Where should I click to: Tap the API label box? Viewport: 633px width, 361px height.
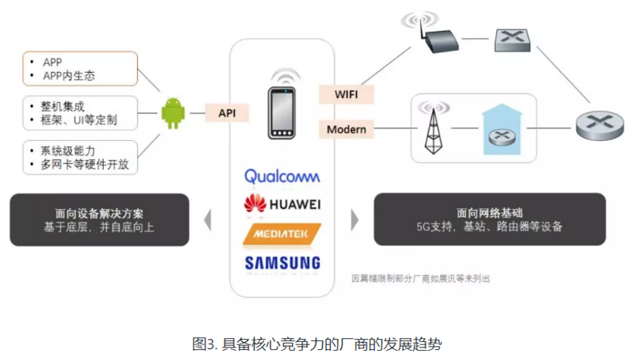click(227, 113)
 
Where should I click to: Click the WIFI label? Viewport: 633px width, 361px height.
click(346, 94)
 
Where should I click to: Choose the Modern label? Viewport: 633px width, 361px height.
click(347, 128)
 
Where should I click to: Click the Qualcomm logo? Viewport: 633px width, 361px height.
click(282, 177)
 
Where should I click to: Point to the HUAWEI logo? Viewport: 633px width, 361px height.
click(282, 205)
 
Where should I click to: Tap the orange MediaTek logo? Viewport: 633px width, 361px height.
click(282, 234)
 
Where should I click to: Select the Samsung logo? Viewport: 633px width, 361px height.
click(282, 262)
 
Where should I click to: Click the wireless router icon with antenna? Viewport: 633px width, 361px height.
click(434, 40)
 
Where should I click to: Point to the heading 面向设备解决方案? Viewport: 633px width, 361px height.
click(100, 213)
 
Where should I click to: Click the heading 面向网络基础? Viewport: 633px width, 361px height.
click(489, 213)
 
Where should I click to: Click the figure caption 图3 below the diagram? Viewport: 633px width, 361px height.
click(316, 344)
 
